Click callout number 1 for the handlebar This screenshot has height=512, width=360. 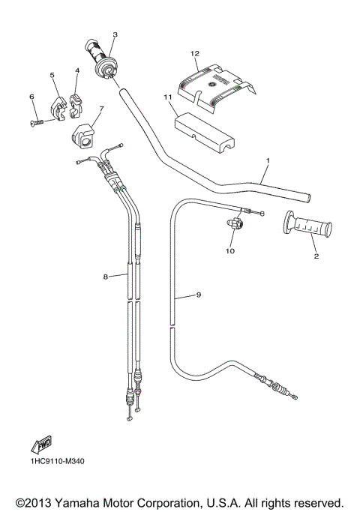tap(267, 161)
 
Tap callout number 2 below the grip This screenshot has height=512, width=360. tap(316, 256)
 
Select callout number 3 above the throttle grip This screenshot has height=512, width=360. tap(115, 34)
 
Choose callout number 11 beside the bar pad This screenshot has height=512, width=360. tap(168, 97)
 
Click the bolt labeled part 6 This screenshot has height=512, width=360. tap(37, 121)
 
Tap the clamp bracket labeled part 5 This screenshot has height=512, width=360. tap(57, 105)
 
